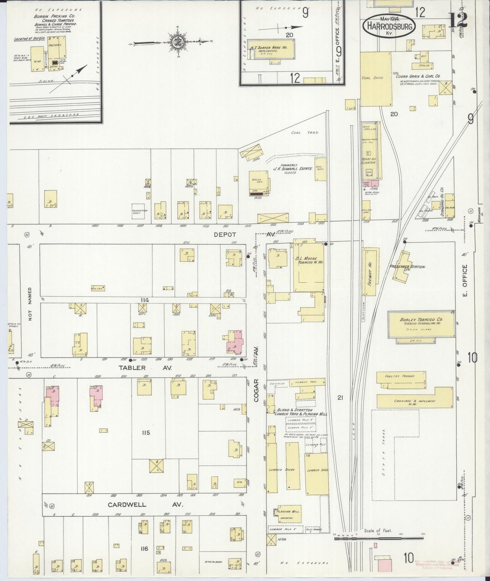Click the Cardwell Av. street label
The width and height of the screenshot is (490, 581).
(145, 505)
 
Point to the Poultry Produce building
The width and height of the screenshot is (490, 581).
(401, 380)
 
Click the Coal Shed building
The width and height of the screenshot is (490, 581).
(375, 79)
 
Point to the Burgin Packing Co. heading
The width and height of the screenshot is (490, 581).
(54, 16)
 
